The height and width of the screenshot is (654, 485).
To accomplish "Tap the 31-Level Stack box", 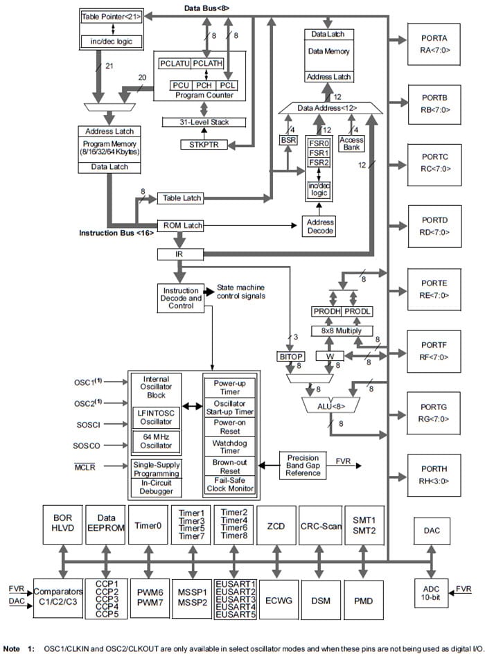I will (x=204, y=122).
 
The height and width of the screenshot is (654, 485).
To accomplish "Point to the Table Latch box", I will (x=182, y=198).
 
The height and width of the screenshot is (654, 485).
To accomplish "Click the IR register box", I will (x=179, y=254).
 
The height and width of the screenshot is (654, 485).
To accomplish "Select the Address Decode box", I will (x=319, y=227).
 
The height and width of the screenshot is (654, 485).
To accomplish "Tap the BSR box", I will (x=288, y=139).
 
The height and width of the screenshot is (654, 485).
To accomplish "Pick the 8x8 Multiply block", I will (x=342, y=330).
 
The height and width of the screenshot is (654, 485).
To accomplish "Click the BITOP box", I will (x=291, y=355).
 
